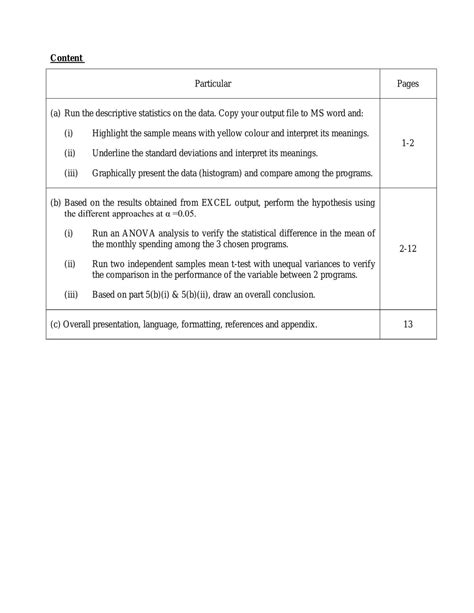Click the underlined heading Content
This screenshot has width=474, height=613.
click(67, 58)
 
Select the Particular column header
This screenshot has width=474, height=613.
click(213, 85)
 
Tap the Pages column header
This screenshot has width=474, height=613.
click(407, 85)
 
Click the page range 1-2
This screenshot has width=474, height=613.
click(407, 144)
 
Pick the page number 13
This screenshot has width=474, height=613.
click(407, 324)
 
